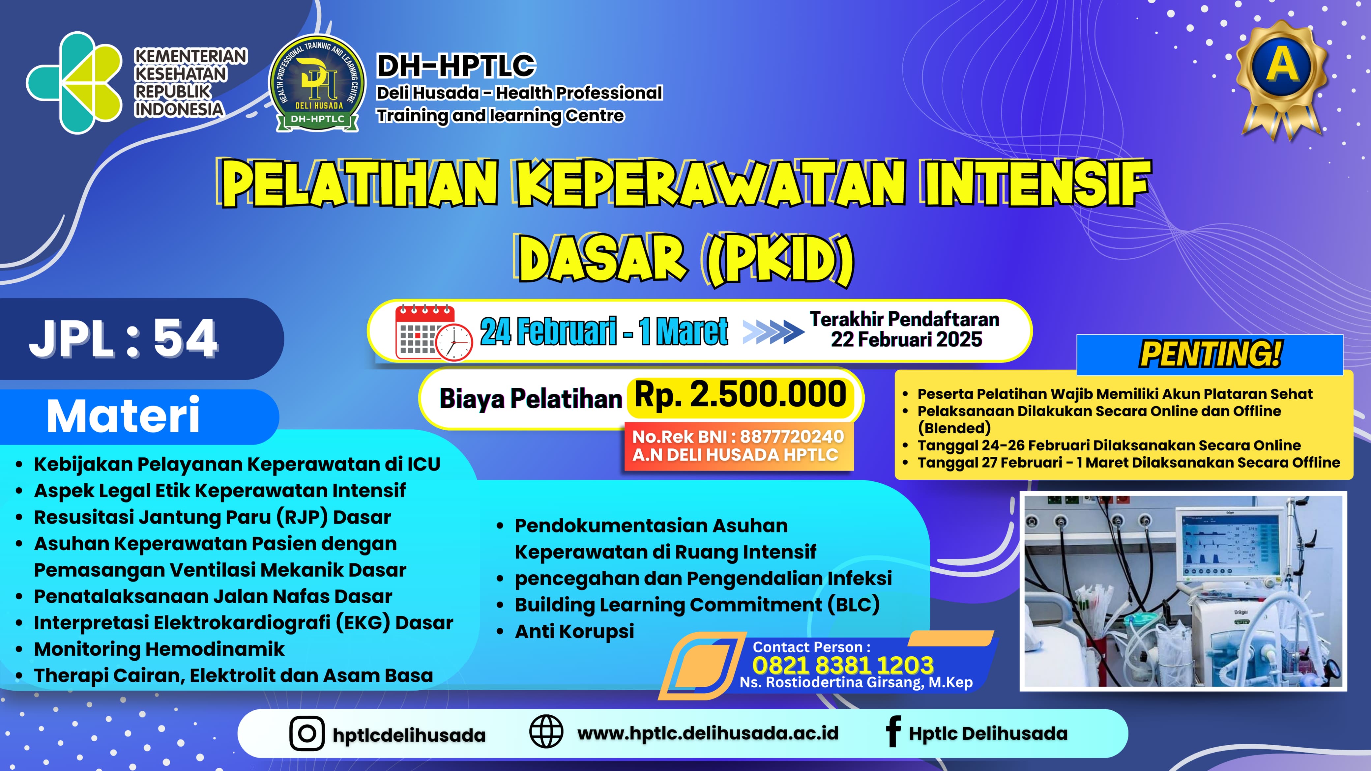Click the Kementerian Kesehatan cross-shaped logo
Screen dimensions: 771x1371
[74, 82]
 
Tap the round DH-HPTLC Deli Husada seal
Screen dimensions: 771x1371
[317, 84]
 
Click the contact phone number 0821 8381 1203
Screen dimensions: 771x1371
[842, 665]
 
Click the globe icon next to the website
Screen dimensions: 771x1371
[546, 732]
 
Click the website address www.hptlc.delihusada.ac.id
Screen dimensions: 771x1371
[708, 733]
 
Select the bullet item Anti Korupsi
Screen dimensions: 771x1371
[574, 632]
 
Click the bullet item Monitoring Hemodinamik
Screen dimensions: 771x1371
[159, 649]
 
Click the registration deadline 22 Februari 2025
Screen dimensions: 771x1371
[906, 339]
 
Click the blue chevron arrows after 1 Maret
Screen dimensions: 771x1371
[773, 332]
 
